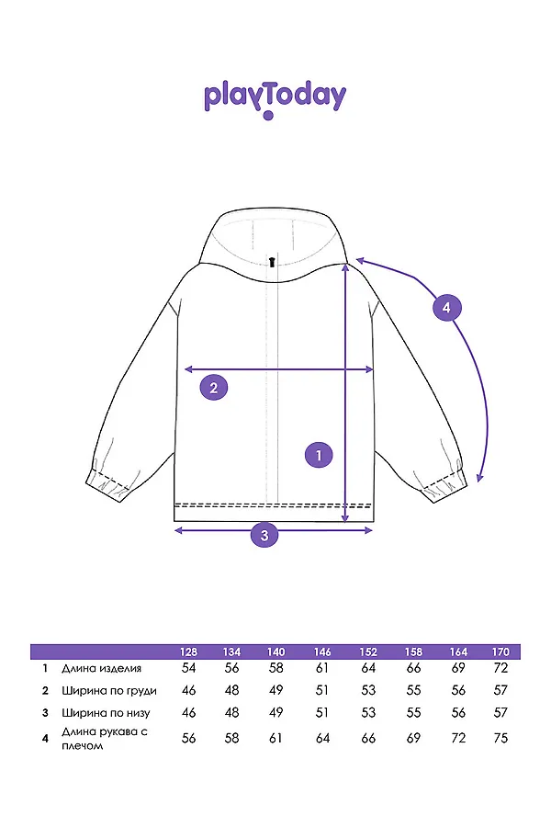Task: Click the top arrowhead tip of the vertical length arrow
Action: (345, 263)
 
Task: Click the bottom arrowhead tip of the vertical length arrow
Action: (345, 522)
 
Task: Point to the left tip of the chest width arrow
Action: (184, 369)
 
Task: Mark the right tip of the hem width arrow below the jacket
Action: (373, 529)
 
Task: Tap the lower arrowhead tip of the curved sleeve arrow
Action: (478, 481)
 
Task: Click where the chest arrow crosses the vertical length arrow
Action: (345, 369)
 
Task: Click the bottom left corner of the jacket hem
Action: (174, 521)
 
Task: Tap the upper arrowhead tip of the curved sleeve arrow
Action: (356, 258)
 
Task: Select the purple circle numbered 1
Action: (319, 455)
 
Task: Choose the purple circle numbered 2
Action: (214, 388)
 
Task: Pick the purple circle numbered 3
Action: (264, 536)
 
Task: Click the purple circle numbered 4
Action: (446, 307)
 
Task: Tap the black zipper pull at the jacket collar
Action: (272, 262)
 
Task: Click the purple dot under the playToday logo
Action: (268, 115)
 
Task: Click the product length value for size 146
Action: (322, 668)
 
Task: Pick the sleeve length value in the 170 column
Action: (500, 738)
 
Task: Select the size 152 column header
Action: (368, 651)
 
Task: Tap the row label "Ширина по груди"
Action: (109, 691)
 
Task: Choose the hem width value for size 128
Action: (188, 712)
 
